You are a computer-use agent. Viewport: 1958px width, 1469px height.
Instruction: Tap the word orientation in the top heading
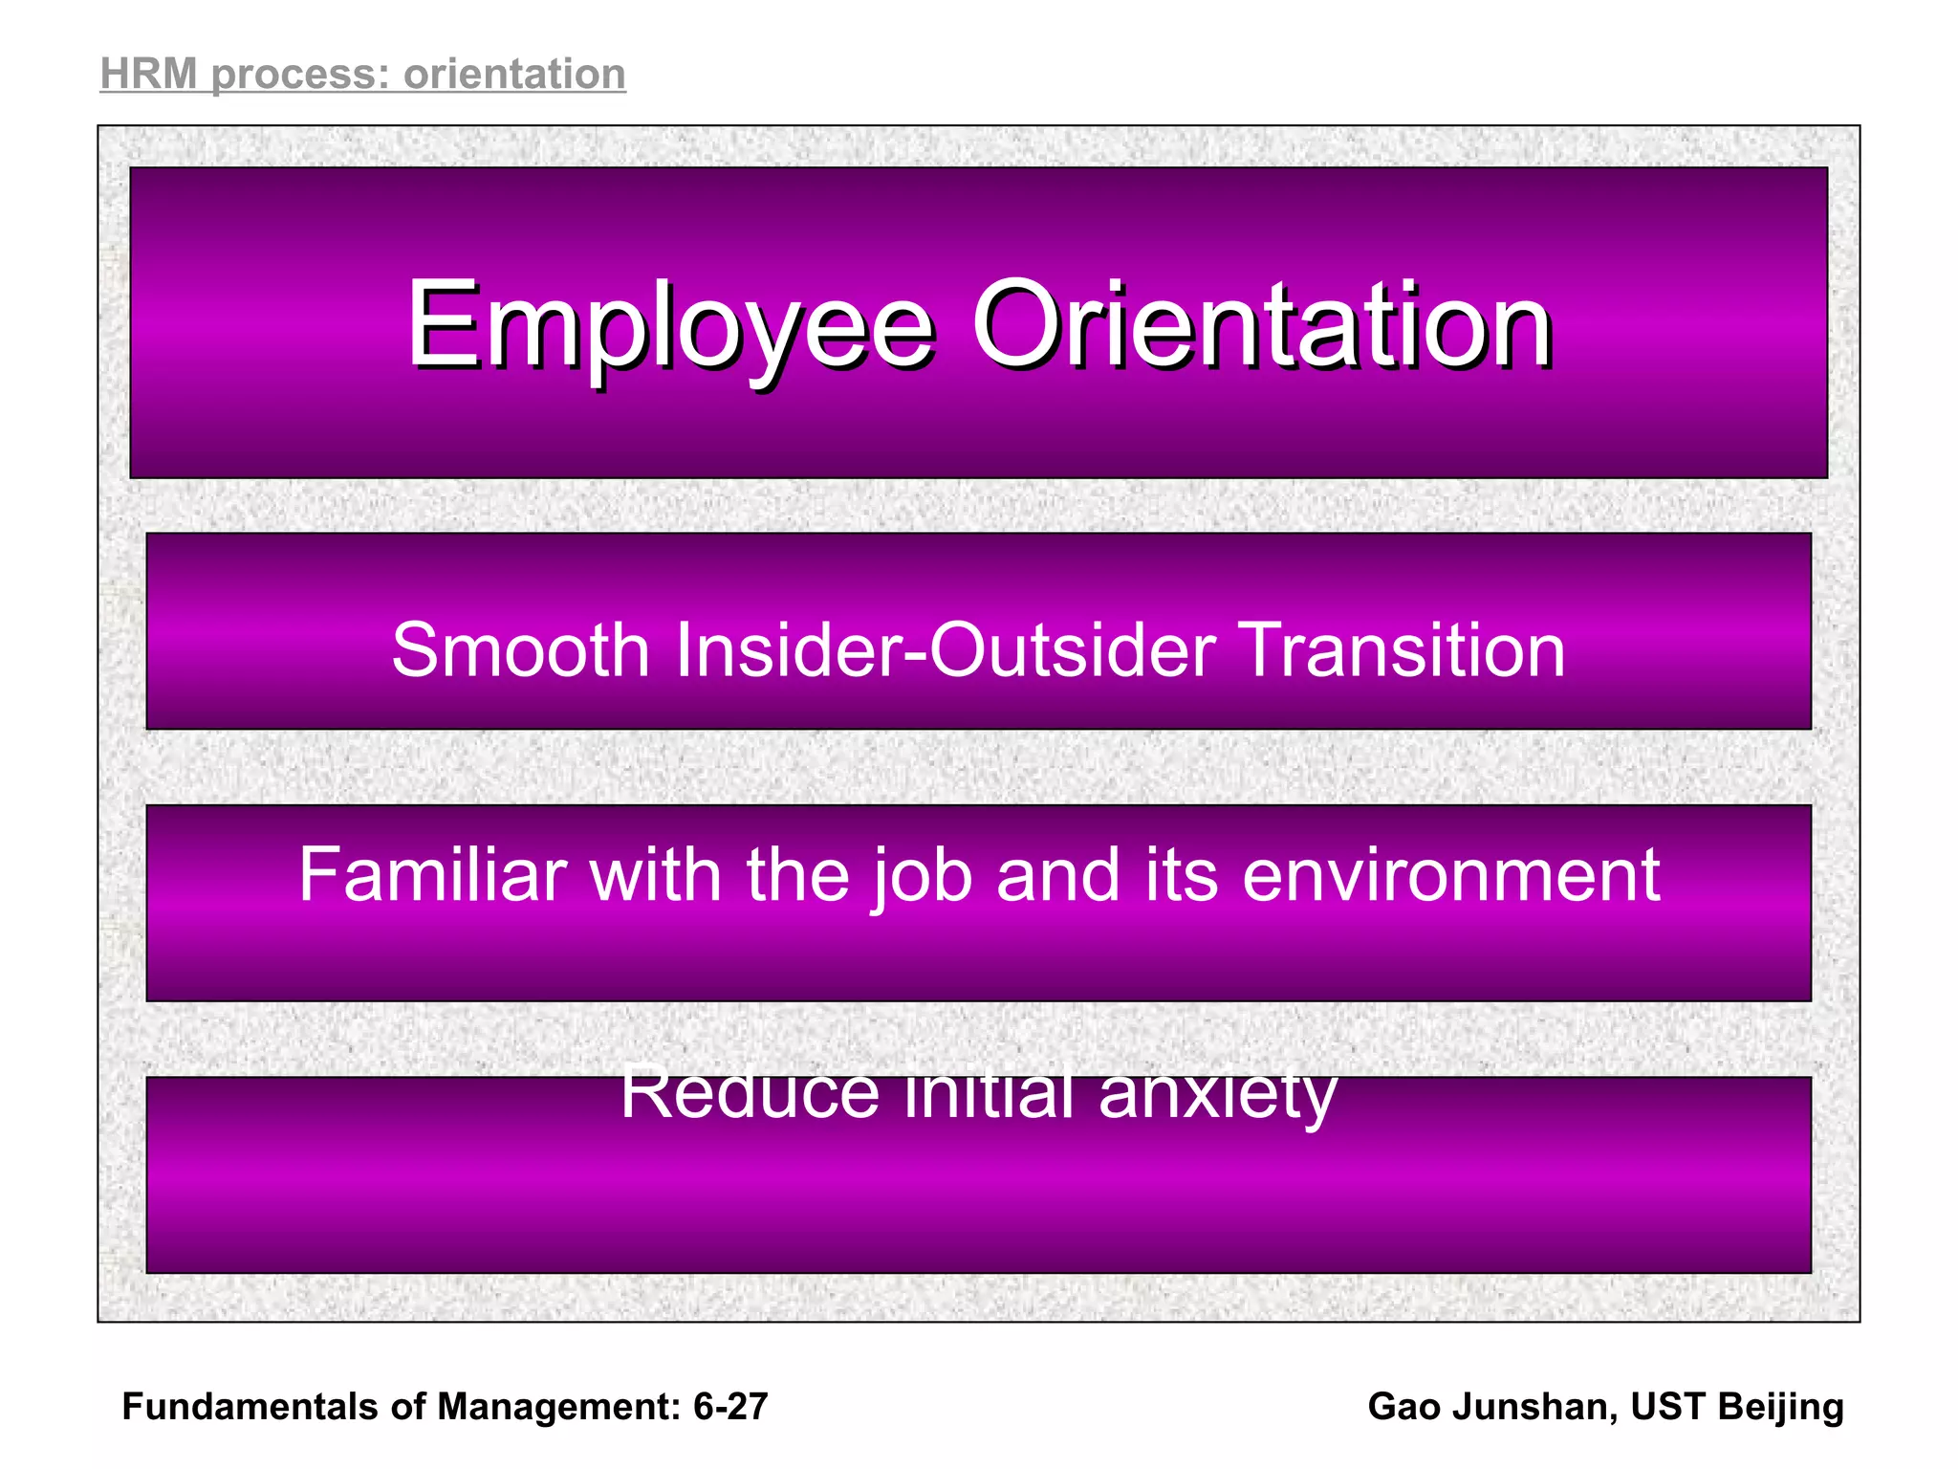coord(514,75)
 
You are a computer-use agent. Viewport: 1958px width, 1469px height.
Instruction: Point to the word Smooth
coord(521,650)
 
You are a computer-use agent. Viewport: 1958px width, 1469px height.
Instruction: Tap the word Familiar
coord(432,874)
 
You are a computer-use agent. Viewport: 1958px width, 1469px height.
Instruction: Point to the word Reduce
coord(750,1092)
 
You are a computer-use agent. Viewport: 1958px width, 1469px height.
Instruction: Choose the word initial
coord(989,1092)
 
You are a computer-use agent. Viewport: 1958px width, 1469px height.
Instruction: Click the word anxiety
coord(1217,1092)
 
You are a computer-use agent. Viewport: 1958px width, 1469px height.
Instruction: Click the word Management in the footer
coord(558,1407)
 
